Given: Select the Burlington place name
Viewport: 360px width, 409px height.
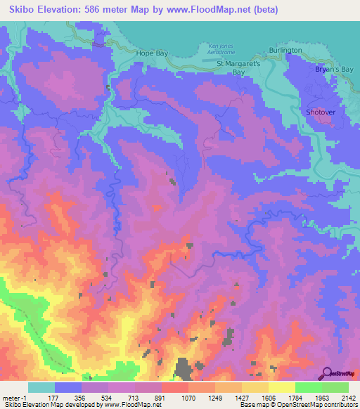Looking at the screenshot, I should tap(285, 51).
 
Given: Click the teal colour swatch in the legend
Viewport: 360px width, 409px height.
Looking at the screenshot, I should tap(41, 387).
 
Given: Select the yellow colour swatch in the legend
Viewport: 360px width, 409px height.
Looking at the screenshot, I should tap(281, 387).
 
